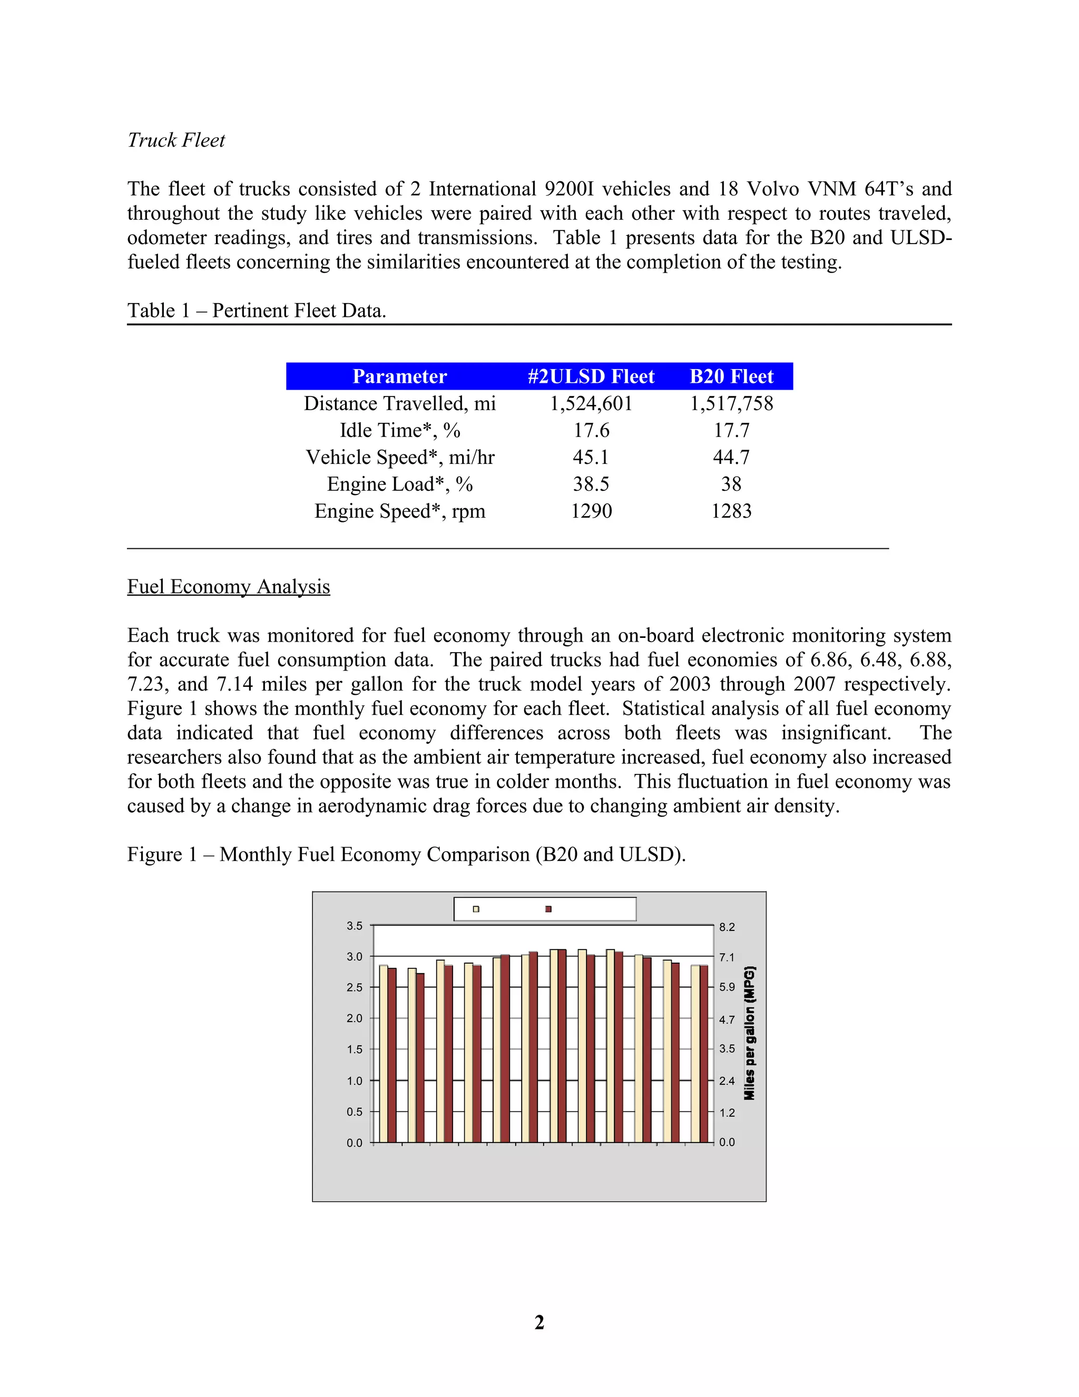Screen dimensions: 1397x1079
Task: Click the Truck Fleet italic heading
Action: [176, 140]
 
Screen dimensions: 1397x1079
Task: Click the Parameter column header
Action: [399, 376]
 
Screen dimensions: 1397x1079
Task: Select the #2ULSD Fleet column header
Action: [591, 376]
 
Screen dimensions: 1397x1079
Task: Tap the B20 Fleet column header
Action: [731, 376]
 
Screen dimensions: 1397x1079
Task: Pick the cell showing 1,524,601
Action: [591, 404]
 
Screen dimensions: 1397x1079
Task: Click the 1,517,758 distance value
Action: [731, 404]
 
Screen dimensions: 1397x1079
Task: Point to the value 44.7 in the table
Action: [731, 458]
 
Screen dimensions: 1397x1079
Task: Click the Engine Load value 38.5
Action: [591, 484]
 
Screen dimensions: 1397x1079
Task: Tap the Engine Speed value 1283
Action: [731, 511]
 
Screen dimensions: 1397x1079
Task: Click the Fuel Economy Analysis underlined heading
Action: [228, 587]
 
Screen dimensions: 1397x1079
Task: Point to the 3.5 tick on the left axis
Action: [354, 926]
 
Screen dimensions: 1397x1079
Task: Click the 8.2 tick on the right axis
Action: [727, 927]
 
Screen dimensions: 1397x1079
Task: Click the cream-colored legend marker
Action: [476, 909]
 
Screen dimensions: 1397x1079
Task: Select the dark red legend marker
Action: [548, 909]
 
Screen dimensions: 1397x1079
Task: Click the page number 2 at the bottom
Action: [539, 1322]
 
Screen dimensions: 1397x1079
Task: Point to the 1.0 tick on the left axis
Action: [354, 1081]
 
